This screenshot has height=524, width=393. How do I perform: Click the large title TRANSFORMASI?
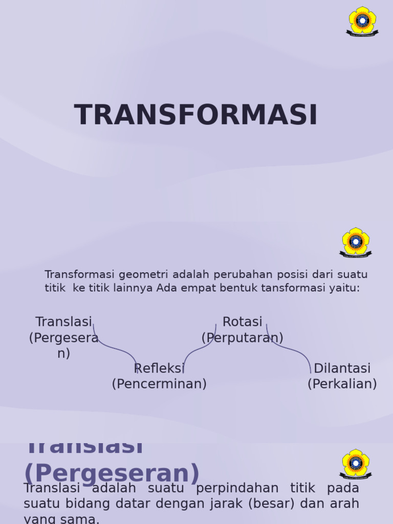[x=196, y=115]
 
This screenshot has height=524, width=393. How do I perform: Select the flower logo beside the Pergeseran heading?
[x=356, y=464]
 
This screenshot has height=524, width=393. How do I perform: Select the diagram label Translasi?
[x=63, y=322]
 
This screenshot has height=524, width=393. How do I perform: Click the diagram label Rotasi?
[x=242, y=322]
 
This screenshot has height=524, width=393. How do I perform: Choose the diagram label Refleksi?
[x=159, y=368]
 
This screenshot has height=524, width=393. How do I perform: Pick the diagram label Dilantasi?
[x=342, y=368]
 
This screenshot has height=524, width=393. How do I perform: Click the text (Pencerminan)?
[x=159, y=384]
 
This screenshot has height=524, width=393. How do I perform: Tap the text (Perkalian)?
[x=342, y=384]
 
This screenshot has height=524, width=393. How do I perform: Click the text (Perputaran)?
[x=242, y=338]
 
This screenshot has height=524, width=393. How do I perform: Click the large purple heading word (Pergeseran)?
[x=112, y=474]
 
